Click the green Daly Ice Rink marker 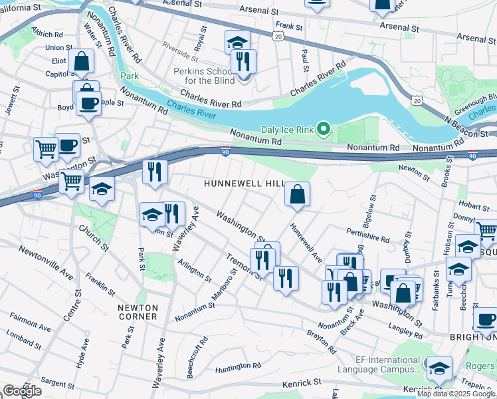coord(324,128)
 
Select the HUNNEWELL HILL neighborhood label coord(245,183)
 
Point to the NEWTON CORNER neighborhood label coord(138,312)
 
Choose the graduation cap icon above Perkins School coord(237,43)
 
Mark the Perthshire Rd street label coord(367,233)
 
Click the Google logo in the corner coord(22,391)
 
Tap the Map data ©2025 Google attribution coord(456,394)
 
